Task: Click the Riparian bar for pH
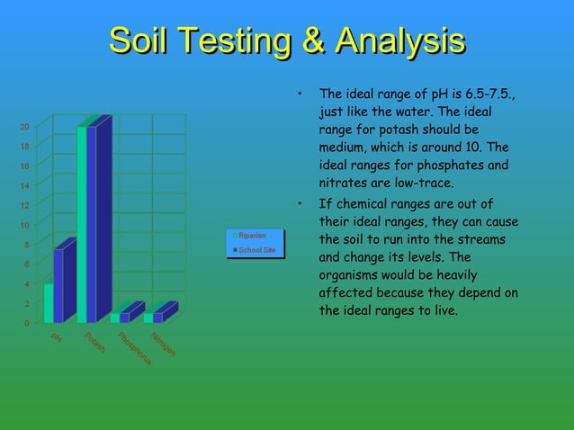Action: [49, 303]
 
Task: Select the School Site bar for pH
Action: [58, 286]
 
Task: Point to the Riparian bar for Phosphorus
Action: [114, 318]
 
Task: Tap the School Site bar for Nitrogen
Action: [158, 317]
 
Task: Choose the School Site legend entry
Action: [256, 249]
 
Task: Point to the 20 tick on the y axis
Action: [24, 127]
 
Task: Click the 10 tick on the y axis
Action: [24, 225]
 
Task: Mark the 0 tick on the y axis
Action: [26, 323]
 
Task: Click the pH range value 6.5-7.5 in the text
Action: [487, 94]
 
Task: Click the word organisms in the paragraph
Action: [351, 275]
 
